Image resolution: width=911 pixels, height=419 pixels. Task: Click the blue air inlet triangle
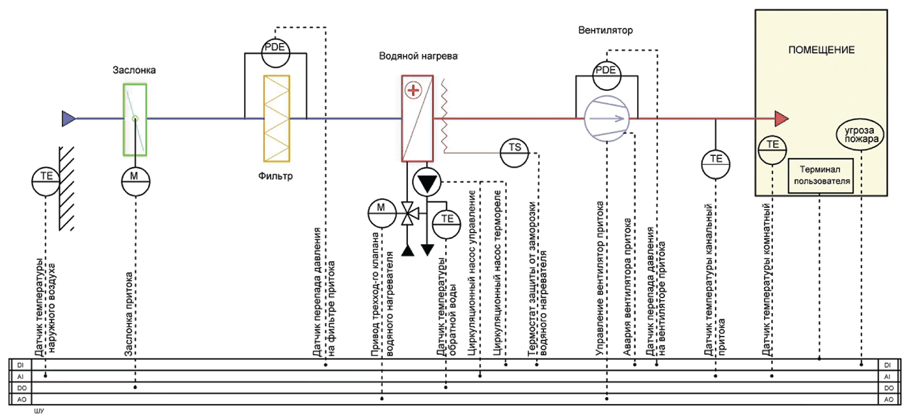point(68,118)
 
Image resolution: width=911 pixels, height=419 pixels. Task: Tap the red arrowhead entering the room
point(782,118)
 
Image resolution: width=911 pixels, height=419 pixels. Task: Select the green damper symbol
point(135,120)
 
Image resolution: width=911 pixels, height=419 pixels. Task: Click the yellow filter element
point(277,118)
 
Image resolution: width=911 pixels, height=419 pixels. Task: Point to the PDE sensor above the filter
point(275,53)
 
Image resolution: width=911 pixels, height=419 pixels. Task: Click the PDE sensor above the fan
point(606,76)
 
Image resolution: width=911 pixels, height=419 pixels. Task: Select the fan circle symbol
point(606,118)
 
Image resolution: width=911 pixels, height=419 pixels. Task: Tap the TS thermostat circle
point(515,153)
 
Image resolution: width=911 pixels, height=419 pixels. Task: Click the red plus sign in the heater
point(414,90)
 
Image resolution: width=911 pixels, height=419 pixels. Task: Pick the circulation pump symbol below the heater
point(427,183)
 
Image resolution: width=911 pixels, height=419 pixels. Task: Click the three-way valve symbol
point(408,213)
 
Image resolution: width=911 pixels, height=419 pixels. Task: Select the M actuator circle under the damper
point(136,181)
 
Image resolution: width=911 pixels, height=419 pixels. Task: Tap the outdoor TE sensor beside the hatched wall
point(46,181)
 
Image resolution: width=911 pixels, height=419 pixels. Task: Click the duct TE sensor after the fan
point(716,164)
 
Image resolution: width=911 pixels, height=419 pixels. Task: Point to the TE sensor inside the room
point(772,150)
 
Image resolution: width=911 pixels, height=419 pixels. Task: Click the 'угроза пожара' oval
point(860,134)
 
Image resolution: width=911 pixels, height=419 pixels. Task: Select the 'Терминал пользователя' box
point(821,175)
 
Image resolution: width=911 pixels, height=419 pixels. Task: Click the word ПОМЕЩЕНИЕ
point(821,50)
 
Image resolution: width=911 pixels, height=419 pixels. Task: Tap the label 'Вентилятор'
point(605,30)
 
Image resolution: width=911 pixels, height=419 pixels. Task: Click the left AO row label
point(21,400)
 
